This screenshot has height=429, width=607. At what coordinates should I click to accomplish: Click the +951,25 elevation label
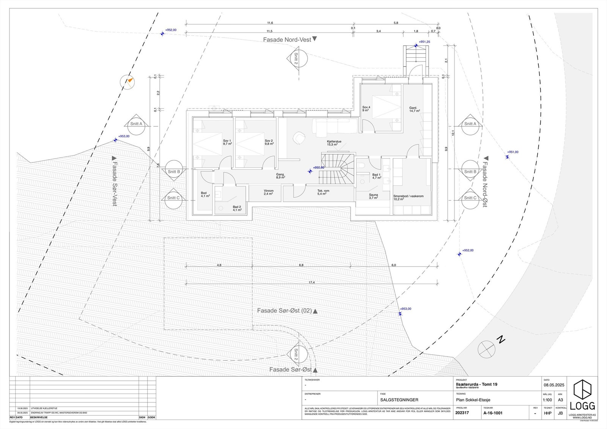424,42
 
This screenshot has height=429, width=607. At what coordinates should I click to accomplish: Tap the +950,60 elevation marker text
319,168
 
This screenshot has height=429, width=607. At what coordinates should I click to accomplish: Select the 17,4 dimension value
311,283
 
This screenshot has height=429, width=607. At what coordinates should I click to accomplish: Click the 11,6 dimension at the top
270,23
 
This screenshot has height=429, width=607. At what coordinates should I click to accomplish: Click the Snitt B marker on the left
174,172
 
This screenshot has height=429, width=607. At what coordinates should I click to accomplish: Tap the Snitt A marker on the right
470,124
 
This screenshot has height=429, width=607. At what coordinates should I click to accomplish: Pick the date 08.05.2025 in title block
554,385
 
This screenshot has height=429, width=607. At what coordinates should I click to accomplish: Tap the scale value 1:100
547,400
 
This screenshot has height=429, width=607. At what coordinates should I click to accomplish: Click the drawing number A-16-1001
493,413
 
